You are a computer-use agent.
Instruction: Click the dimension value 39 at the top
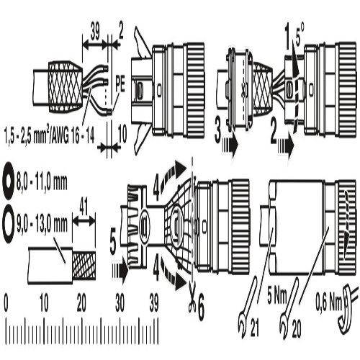(x=95, y=31)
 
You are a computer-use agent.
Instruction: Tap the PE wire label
(x=120, y=84)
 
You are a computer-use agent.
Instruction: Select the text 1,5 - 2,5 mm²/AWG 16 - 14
(x=50, y=136)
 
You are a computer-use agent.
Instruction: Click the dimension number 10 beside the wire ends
(x=122, y=135)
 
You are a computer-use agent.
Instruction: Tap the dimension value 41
(x=84, y=207)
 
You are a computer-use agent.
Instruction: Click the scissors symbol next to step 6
(x=192, y=298)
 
